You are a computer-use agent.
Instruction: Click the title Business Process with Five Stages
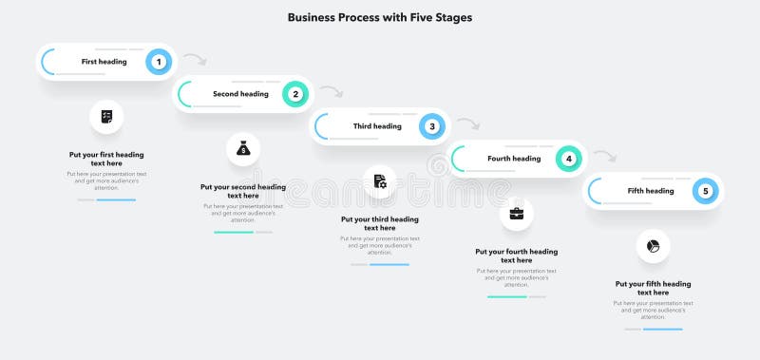(x=379, y=17)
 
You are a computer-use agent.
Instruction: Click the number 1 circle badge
(x=159, y=62)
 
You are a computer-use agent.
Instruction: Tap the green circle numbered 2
(x=295, y=94)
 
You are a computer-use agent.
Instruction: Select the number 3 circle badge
(x=432, y=126)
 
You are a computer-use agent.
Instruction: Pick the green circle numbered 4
(x=569, y=159)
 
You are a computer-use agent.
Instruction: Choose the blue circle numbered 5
(x=705, y=191)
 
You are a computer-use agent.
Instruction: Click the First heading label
(x=104, y=62)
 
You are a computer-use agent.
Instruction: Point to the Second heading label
(x=240, y=94)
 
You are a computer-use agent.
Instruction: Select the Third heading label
(x=377, y=126)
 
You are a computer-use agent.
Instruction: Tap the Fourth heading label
(x=514, y=159)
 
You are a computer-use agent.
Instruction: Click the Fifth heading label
(x=651, y=191)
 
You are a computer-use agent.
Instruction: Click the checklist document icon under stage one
(x=106, y=117)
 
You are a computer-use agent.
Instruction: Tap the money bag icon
(x=243, y=149)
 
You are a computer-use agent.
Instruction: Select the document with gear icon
(x=380, y=181)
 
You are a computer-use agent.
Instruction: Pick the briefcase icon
(x=517, y=214)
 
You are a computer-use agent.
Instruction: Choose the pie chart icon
(x=654, y=246)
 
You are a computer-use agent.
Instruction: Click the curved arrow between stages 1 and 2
(x=195, y=60)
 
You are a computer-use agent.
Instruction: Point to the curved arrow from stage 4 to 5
(x=605, y=156)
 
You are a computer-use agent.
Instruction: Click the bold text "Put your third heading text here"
(x=380, y=223)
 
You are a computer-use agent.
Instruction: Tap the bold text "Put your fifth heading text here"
(x=654, y=288)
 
